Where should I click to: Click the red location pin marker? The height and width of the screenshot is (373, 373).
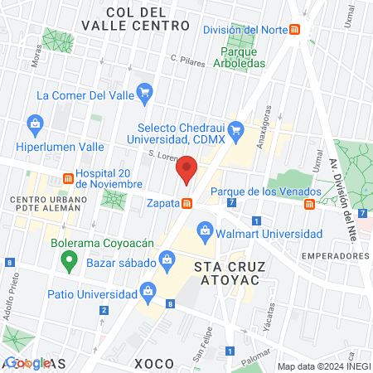(x=186, y=171)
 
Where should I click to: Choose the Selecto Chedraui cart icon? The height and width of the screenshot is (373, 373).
(x=235, y=128)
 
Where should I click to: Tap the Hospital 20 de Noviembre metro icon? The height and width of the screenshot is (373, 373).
(x=67, y=178)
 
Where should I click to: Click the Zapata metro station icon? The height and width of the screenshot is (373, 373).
(x=188, y=202)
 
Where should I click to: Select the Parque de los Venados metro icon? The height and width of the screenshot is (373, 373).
(x=308, y=203)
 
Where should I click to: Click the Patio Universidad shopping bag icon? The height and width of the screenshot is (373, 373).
(x=148, y=290)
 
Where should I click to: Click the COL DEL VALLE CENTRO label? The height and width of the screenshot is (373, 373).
(x=136, y=19)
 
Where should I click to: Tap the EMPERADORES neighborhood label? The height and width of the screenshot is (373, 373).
(x=336, y=256)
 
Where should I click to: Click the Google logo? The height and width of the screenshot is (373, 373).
(x=27, y=363)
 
